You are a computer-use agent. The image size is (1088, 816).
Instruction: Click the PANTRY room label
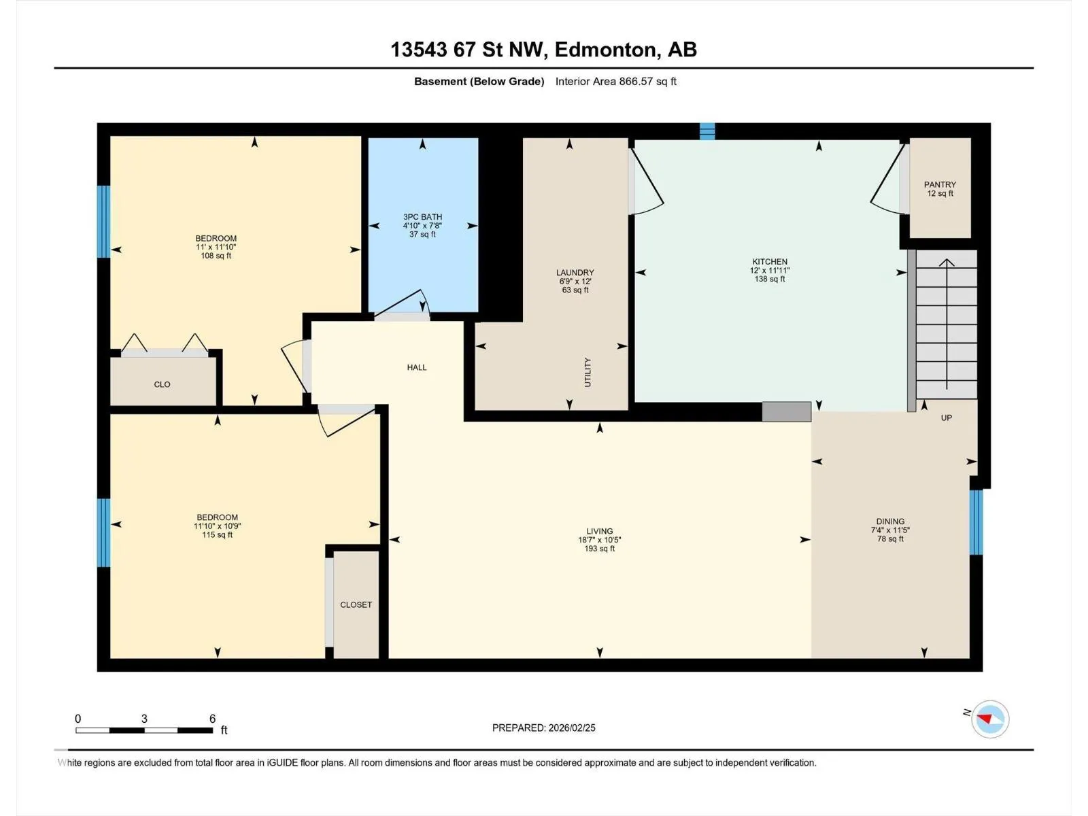[x=940, y=184]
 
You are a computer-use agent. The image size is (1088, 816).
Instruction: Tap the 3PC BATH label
[x=422, y=217]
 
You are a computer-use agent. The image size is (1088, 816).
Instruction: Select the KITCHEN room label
[x=769, y=262]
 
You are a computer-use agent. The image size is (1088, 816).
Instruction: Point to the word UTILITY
[x=588, y=372]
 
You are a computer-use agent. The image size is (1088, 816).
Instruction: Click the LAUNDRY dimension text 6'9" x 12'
[x=575, y=282]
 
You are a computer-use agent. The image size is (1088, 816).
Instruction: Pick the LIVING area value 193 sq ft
[x=599, y=549]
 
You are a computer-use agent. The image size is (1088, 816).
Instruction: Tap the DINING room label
[x=890, y=521]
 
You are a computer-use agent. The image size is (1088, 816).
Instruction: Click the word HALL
[x=416, y=367]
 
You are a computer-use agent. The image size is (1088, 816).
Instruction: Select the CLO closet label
[x=162, y=384]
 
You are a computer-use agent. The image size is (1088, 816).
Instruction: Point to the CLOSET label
[x=356, y=605]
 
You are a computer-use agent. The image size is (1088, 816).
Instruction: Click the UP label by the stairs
[x=947, y=418]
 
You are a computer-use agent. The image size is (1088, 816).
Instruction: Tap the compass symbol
[x=990, y=719]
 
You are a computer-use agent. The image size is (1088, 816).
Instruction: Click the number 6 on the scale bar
[x=212, y=718]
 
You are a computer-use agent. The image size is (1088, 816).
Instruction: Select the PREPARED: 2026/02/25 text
[x=544, y=728]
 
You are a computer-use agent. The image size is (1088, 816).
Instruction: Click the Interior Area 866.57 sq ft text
[x=615, y=81]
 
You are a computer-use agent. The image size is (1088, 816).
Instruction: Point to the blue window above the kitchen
[x=707, y=131]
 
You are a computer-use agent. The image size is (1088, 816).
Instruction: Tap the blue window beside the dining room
[x=976, y=522]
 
